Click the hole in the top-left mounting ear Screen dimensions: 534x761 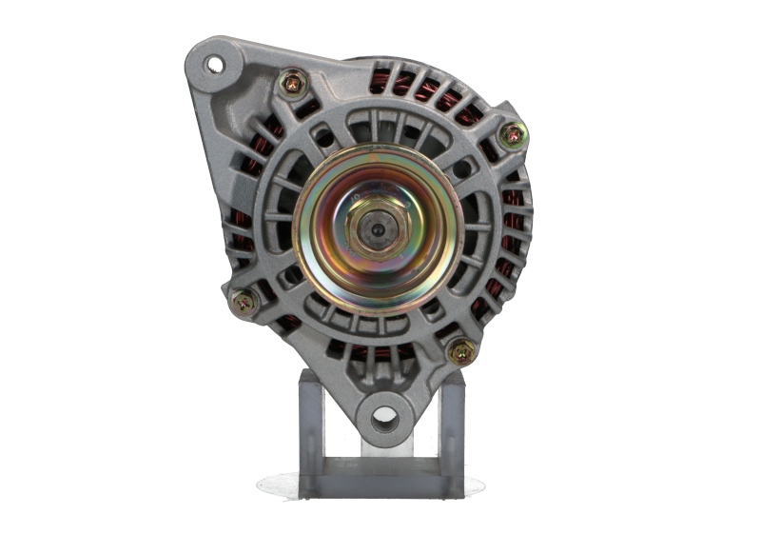point(213,64)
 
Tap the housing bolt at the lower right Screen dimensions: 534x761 point(460,350)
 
